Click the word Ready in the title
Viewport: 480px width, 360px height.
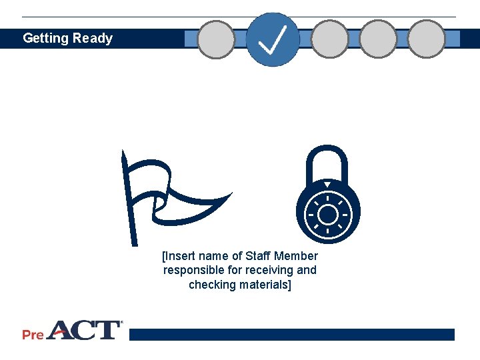[x=93, y=39]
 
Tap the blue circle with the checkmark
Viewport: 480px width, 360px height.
[x=273, y=39]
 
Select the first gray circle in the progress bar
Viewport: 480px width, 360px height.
[x=217, y=39]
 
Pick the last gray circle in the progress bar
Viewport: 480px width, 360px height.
[x=426, y=39]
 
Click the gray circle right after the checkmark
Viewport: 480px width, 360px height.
[x=330, y=39]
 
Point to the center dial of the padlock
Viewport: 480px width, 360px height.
[x=327, y=215]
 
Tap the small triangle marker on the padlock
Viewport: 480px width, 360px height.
[x=327, y=185]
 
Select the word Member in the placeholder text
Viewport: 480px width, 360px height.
[x=296, y=256]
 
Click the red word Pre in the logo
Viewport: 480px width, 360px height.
[x=33, y=335]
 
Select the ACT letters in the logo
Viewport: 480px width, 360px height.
[x=83, y=330]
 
